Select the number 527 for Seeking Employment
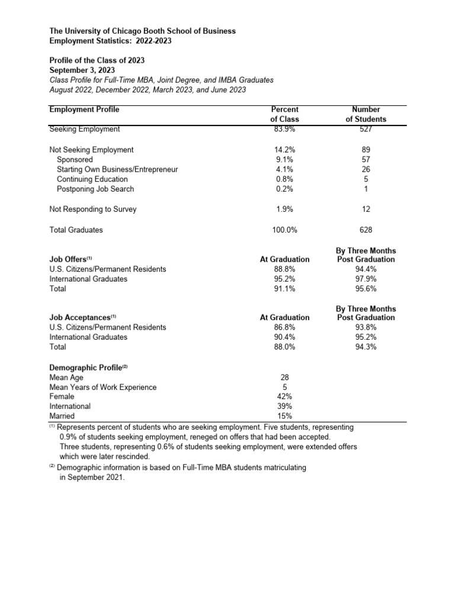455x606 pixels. tap(366, 129)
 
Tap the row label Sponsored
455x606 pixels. tap(75, 160)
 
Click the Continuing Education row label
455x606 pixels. tap(92, 179)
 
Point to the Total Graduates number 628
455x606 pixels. tap(366, 230)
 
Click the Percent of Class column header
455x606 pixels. tap(284, 114)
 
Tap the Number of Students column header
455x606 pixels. tap(366, 114)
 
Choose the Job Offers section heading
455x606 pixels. tap(71, 259)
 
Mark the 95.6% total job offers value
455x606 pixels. tap(366, 289)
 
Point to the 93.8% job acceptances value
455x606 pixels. tap(366, 327)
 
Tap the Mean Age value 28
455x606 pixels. tap(284, 377)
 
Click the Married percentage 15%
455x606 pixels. tap(284, 416)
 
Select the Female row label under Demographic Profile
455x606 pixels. tap(62, 397)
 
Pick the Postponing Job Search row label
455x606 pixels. tap(95, 189)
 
